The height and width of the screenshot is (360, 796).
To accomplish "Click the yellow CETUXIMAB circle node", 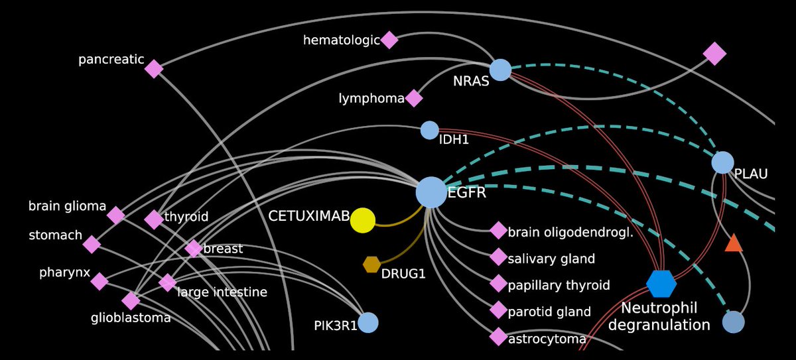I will point(362,220).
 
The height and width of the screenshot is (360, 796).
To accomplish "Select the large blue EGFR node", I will point(431,192).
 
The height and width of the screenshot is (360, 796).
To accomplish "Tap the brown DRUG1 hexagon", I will point(371,265).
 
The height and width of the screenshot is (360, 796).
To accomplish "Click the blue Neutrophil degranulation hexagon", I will point(661,284).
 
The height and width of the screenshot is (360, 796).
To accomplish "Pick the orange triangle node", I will point(734,243).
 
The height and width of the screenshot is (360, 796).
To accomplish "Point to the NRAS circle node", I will point(500,70).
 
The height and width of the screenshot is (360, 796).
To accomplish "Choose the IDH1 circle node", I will point(430,130).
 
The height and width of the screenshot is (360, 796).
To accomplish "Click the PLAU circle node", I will point(722,162).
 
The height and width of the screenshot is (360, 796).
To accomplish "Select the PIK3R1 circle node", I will point(367,322).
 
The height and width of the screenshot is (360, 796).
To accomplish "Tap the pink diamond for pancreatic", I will point(154,68).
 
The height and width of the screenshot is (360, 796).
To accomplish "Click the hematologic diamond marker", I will point(389,40).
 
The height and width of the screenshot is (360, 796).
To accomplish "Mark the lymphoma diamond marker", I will point(414,98).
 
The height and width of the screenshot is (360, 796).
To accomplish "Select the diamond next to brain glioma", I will point(116,215).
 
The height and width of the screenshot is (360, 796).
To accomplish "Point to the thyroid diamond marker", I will point(154,219).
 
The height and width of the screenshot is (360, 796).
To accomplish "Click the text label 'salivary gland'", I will point(551,259).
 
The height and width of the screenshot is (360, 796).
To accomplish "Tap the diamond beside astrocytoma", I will point(498,337).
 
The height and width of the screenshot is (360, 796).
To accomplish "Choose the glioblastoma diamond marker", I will point(131,301).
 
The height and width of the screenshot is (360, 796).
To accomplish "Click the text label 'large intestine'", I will point(222,292).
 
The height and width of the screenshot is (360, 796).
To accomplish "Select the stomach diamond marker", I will point(92,244).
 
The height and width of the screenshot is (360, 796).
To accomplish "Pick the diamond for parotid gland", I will point(498,310).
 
